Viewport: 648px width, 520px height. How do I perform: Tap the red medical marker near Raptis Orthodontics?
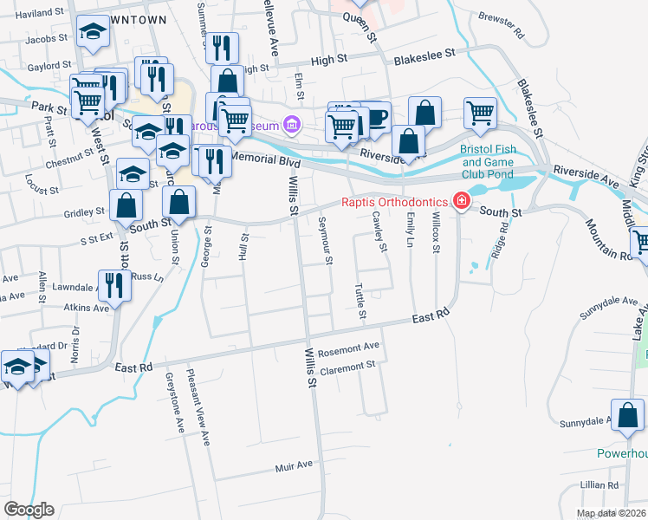(x=462, y=203)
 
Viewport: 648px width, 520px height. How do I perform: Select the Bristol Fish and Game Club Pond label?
(x=487, y=161)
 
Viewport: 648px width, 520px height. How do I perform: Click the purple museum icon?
(x=292, y=127)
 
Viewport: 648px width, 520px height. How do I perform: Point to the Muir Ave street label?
(x=293, y=465)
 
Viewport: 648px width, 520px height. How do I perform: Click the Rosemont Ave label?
(x=349, y=347)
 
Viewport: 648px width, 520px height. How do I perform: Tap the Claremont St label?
(x=347, y=367)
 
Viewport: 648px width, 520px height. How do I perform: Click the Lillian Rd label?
(x=600, y=484)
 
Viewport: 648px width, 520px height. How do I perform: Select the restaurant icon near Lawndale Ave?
(x=114, y=283)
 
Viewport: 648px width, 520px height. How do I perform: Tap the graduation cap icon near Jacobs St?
(x=92, y=32)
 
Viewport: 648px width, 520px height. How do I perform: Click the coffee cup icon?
(x=377, y=116)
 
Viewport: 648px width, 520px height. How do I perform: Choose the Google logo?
(x=29, y=510)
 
